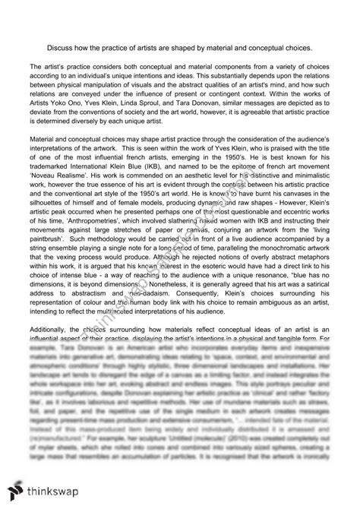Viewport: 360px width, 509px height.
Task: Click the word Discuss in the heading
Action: [x=80, y=45]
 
